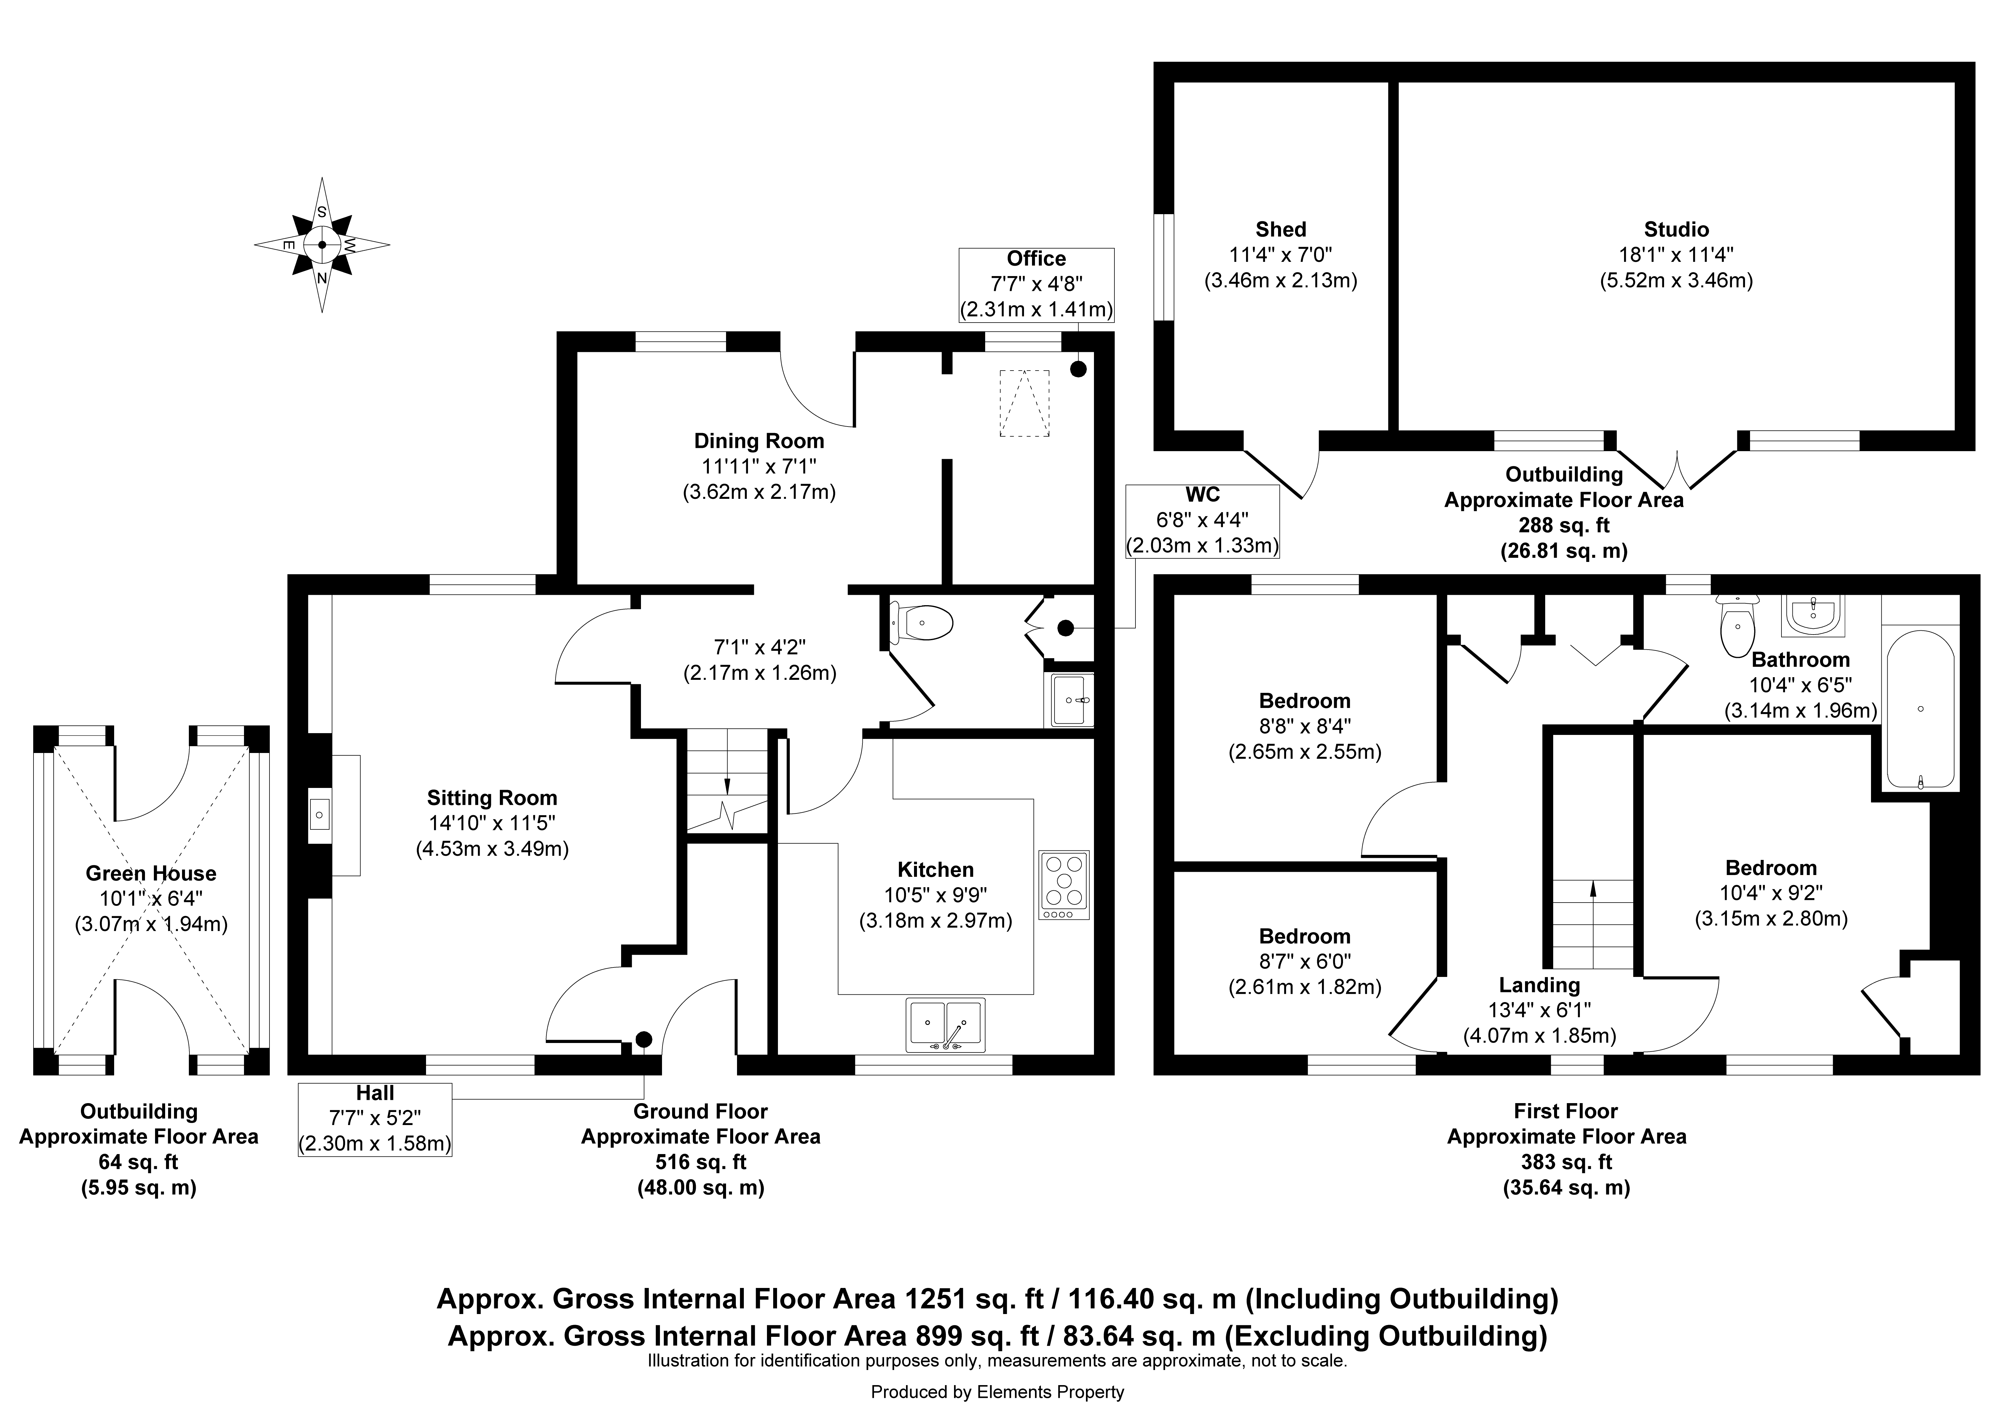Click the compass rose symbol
[322, 245]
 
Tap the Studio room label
[1676, 230]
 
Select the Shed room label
[1280, 230]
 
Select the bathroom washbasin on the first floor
[1813, 616]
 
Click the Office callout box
[1036, 284]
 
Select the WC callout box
[1203, 521]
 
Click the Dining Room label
[758, 441]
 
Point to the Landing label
[1540, 985]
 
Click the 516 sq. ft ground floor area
[701, 1162]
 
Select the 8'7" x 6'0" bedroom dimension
[1305, 962]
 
